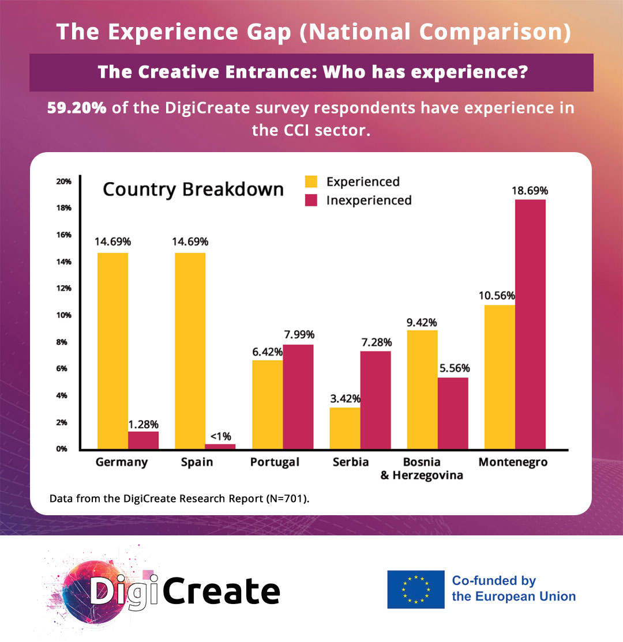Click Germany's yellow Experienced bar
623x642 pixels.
pyautogui.click(x=112, y=350)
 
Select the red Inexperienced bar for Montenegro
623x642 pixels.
pyautogui.click(x=530, y=324)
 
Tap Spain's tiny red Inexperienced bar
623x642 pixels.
pyautogui.click(x=220, y=446)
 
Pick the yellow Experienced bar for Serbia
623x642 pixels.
pyautogui.click(x=344, y=428)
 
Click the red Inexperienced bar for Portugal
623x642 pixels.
pyautogui.click(x=298, y=396)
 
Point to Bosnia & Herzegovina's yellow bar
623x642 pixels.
pyautogui.click(x=422, y=389)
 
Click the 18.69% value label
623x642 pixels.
pyautogui.click(x=530, y=191)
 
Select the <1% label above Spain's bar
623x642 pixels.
pyautogui.click(x=220, y=436)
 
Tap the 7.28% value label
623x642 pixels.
pyautogui.click(x=375, y=342)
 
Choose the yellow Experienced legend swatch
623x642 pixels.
pyautogui.click(x=311, y=182)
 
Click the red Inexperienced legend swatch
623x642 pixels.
pyautogui.click(x=311, y=201)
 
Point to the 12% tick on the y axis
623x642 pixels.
pyautogui.click(x=63, y=288)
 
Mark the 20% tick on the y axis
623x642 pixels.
pyautogui.click(x=63, y=181)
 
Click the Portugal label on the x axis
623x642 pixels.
pyautogui.click(x=275, y=462)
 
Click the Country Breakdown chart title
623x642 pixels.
pyautogui.click(x=193, y=190)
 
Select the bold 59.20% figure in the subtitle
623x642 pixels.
pyautogui.click(x=77, y=108)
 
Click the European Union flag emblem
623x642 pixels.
pyautogui.click(x=416, y=589)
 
